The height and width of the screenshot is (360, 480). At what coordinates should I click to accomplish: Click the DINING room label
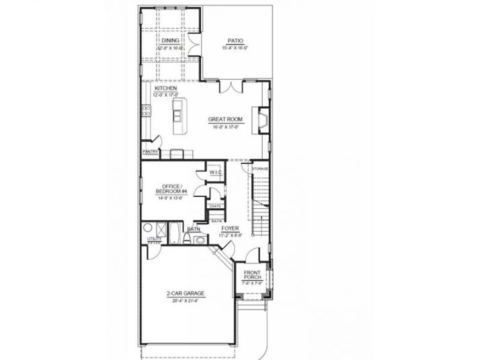[x=170, y=41]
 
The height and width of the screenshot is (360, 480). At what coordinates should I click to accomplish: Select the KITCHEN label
[x=165, y=88]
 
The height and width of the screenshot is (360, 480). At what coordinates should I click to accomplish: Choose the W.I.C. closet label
[x=215, y=173]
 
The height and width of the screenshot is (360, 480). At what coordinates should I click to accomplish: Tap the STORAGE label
[x=260, y=168]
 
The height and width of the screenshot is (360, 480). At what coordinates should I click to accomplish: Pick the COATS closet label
[x=215, y=206]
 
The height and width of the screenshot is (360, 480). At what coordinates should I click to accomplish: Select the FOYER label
[x=230, y=229]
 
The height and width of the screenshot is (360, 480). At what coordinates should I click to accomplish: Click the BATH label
[x=193, y=229]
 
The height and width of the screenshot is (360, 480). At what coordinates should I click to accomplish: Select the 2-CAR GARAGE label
[x=186, y=294]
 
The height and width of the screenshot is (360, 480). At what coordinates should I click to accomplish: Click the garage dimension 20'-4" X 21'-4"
[x=186, y=301]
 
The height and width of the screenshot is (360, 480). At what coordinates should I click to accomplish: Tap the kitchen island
[x=177, y=118]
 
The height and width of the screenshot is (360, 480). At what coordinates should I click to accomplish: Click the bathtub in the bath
[x=173, y=237]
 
